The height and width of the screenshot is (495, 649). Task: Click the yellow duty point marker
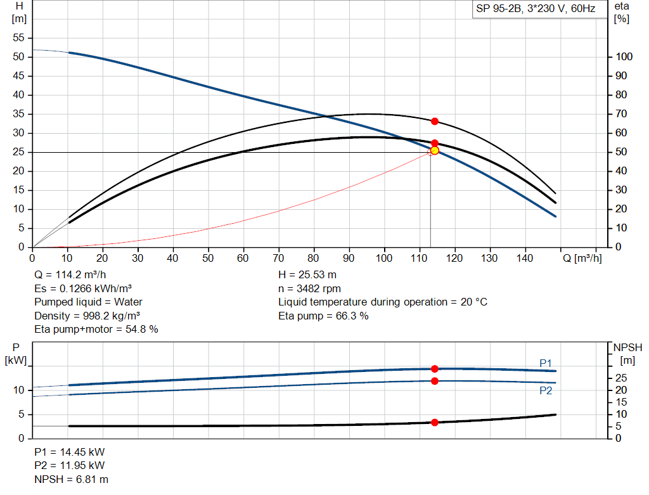coord(434,151)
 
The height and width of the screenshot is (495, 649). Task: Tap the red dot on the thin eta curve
coord(434,121)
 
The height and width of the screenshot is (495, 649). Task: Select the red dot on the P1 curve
coord(434,369)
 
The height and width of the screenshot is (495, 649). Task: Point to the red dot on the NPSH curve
coord(434,422)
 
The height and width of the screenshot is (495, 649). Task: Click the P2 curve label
coord(546,391)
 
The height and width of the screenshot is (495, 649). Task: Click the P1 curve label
coord(546,363)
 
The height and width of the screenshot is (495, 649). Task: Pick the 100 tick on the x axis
coord(383,258)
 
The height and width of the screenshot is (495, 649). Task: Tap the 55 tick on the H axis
coord(19,38)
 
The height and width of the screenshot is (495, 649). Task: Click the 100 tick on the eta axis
coord(624,57)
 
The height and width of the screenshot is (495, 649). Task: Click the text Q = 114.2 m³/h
coord(70,275)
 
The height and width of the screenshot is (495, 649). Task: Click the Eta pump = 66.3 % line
coord(323,316)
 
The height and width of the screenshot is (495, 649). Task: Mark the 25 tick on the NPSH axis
coord(624,378)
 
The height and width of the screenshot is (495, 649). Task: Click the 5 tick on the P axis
coord(20,415)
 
